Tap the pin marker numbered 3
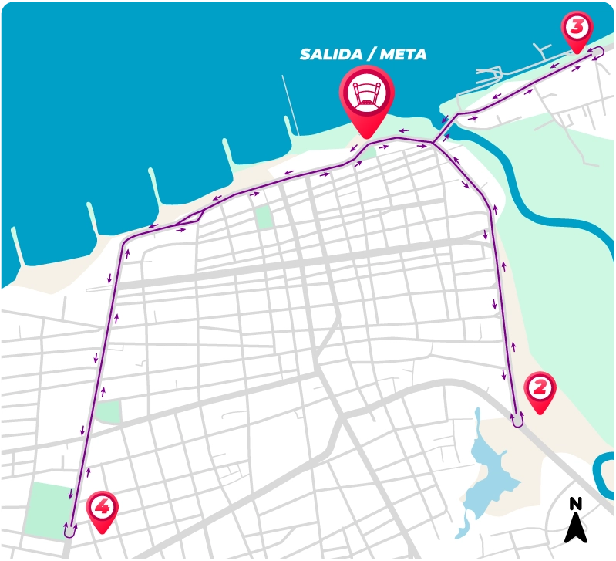pyautogui.click(x=577, y=29)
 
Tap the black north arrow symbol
pyautogui.click(x=576, y=529)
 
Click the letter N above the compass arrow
pyautogui.click(x=576, y=505)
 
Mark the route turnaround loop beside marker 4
pyautogui.click(x=69, y=530)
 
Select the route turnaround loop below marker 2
pyautogui.click(x=517, y=421)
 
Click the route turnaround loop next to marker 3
pyautogui.click(x=597, y=52)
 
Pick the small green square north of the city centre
pyautogui.click(x=264, y=217)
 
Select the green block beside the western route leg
pyautogui.click(x=109, y=411)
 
